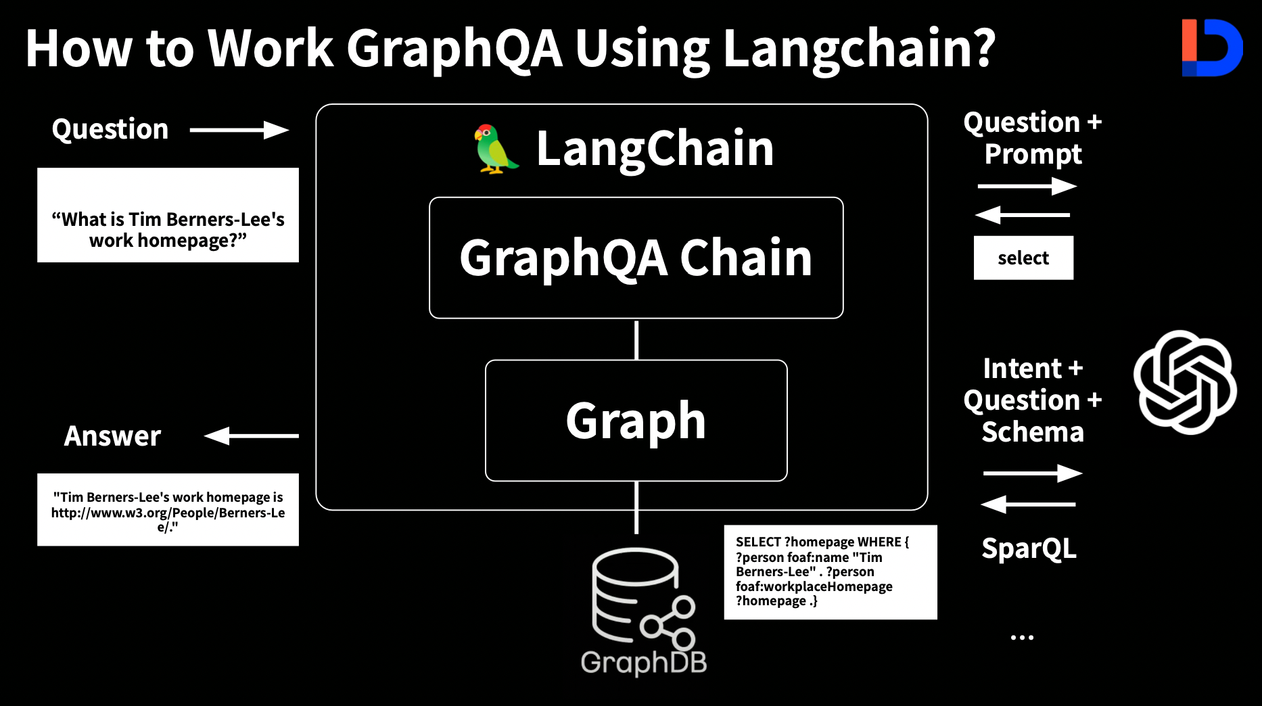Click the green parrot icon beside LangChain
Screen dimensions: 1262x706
(x=496, y=149)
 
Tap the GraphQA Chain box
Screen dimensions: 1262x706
(x=636, y=258)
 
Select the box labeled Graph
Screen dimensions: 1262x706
(x=636, y=421)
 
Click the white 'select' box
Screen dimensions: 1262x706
(x=1023, y=258)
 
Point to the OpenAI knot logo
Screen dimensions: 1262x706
(x=1186, y=382)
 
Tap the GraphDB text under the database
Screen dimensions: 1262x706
(x=644, y=663)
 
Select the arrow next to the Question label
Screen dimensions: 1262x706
(x=239, y=130)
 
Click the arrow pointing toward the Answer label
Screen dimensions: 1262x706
(x=252, y=436)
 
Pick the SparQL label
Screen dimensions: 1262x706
(x=1029, y=549)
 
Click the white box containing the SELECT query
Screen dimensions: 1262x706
(x=831, y=572)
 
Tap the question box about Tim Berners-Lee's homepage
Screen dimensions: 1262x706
(x=168, y=215)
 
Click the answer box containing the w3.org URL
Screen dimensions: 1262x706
(x=168, y=510)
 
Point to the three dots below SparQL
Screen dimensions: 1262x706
(x=1022, y=637)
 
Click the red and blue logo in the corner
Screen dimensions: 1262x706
(x=1212, y=47)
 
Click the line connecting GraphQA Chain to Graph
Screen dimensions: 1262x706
(x=636, y=339)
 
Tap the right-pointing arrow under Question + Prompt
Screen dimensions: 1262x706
(x=1027, y=186)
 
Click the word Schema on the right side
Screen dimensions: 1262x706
(x=1033, y=431)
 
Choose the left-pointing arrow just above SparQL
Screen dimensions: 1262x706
(x=1028, y=504)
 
